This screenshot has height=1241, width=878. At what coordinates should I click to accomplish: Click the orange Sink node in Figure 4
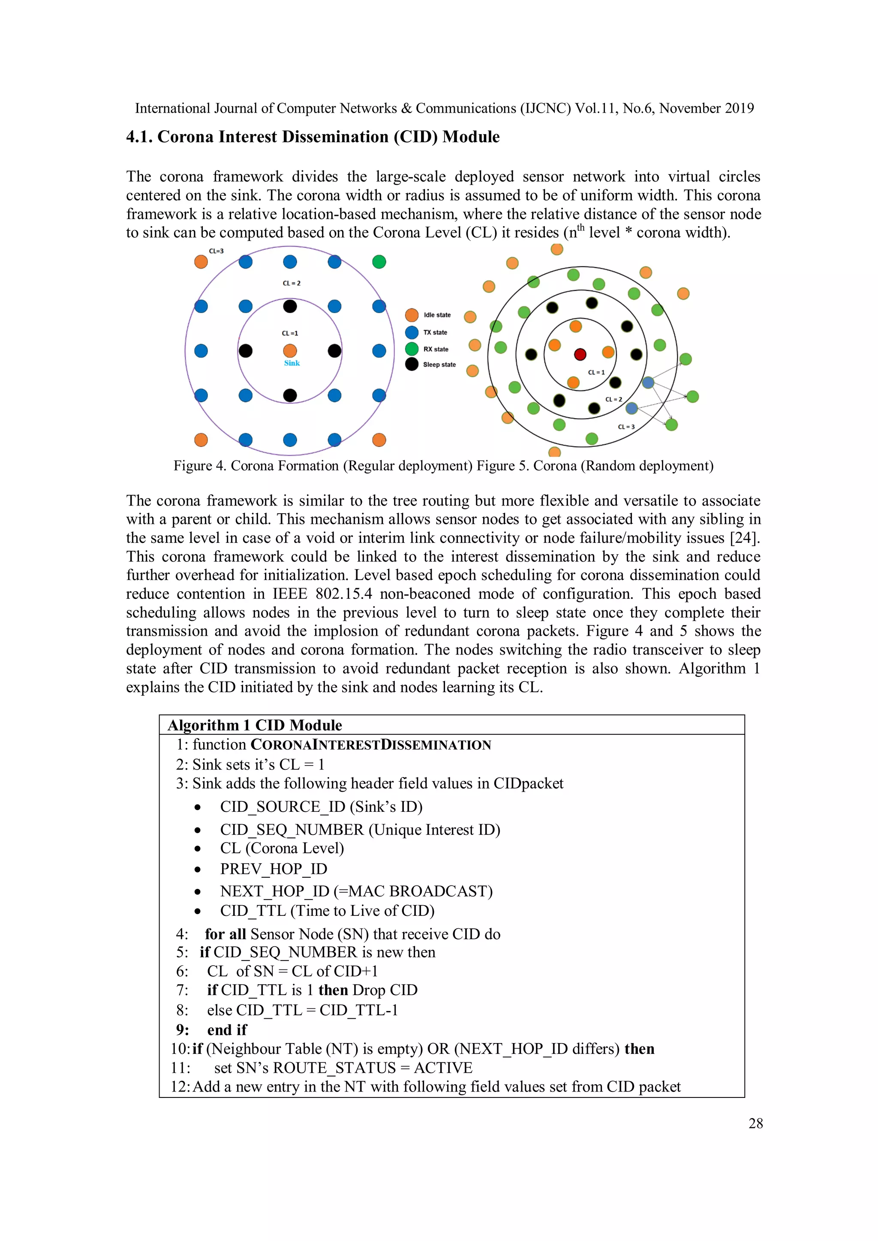pos(290,351)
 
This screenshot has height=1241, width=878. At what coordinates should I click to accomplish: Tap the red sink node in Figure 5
pos(580,355)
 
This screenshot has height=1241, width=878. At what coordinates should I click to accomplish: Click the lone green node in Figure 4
pos(379,262)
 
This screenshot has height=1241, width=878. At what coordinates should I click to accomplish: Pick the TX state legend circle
pos(412,332)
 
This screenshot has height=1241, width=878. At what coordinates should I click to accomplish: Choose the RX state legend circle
pos(412,349)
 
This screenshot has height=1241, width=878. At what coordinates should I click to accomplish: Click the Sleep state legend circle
pos(412,364)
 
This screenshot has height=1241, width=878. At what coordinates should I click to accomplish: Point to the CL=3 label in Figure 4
pos(216,251)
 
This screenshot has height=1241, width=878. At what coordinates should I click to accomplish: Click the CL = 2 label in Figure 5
pos(613,399)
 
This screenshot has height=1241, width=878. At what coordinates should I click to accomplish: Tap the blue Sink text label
pos(292,363)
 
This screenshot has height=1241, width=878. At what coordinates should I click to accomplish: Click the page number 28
pos(755,1123)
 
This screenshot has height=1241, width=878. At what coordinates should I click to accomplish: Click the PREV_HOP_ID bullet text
pos(273,869)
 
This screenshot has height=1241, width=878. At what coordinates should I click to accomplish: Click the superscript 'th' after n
pos(581,227)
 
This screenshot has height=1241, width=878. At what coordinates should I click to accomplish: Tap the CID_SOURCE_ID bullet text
pos(283,807)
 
